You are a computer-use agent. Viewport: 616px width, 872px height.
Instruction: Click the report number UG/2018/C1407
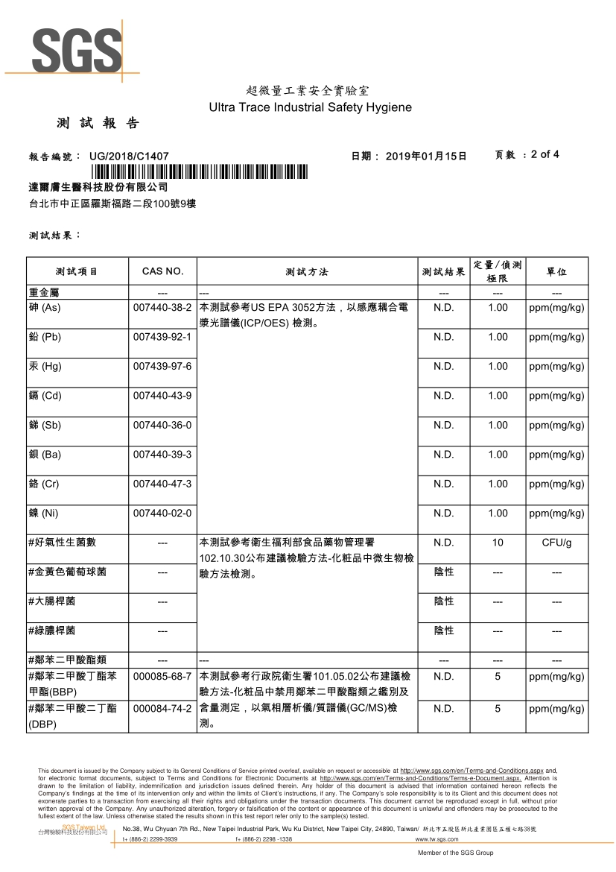pyautogui.click(x=129, y=156)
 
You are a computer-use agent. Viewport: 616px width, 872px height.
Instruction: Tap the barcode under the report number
pyautogui.click(x=194, y=172)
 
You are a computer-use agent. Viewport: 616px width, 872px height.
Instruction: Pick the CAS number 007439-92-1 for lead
pyautogui.click(x=162, y=337)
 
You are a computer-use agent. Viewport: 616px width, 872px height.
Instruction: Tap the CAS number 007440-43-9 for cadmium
pyautogui.click(x=162, y=396)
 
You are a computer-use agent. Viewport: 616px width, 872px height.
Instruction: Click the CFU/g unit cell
pyautogui.click(x=556, y=543)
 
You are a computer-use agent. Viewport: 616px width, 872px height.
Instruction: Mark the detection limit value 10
pyautogui.click(x=498, y=543)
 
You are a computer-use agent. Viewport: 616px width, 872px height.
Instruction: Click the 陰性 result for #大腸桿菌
pyautogui.click(x=444, y=601)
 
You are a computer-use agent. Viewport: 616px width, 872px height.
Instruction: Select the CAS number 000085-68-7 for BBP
pyautogui.click(x=162, y=676)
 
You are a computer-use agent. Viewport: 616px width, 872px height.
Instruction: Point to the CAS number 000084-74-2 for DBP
pyautogui.click(x=162, y=708)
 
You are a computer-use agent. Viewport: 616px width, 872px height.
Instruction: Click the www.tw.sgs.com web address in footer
pyautogui.click(x=436, y=839)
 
